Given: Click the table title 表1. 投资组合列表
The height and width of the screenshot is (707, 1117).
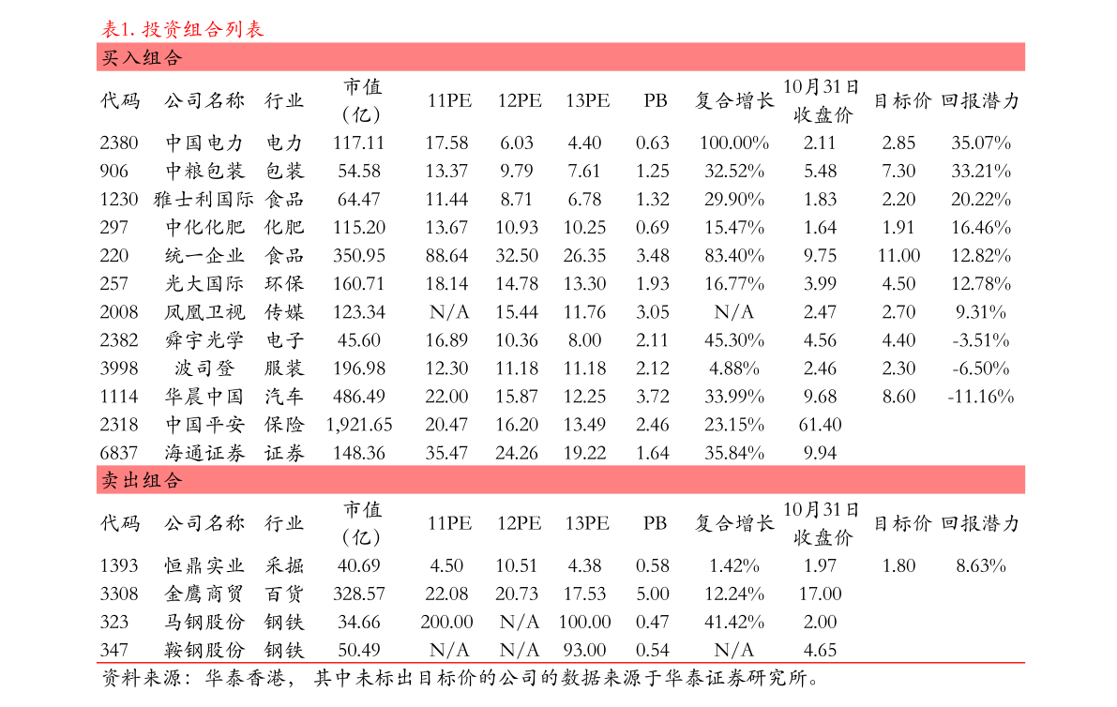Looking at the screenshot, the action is [x=182, y=29].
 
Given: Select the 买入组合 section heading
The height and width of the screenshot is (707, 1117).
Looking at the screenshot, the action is [x=142, y=58].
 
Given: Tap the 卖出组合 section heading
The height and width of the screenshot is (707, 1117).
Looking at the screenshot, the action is [x=142, y=481].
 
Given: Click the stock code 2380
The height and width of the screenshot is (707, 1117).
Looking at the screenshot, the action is [x=119, y=143].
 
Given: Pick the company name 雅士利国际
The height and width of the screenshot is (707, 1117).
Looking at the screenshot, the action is [x=204, y=200].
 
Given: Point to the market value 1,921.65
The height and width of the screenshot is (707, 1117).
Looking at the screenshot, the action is [x=359, y=425].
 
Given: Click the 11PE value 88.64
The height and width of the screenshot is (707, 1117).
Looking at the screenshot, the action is [x=446, y=256].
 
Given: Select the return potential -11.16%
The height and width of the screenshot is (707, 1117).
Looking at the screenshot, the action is [x=981, y=397].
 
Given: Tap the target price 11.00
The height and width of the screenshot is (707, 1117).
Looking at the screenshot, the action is [x=899, y=256].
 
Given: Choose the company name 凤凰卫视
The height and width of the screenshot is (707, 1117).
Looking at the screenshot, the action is [x=204, y=312].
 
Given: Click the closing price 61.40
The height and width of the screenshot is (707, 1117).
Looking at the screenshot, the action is [x=820, y=425].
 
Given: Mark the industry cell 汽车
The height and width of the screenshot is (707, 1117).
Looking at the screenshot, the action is [x=284, y=397].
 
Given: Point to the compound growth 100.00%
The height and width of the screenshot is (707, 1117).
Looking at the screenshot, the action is [x=734, y=143].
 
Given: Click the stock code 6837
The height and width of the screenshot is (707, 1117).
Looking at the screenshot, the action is [x=119, y=453].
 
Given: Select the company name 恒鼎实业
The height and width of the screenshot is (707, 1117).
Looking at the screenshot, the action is [x=204, y=566].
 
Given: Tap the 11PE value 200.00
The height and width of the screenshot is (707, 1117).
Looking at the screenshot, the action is [x=446, y=623].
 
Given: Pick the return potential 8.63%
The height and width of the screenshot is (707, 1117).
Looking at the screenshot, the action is [x=981, y=566].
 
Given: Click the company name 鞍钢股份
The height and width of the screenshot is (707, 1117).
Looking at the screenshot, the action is [x=204, y=650].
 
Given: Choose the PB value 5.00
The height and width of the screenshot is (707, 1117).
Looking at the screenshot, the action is [x=653, y=594].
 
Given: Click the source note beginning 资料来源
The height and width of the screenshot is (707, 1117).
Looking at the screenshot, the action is [x=460, y=679].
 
